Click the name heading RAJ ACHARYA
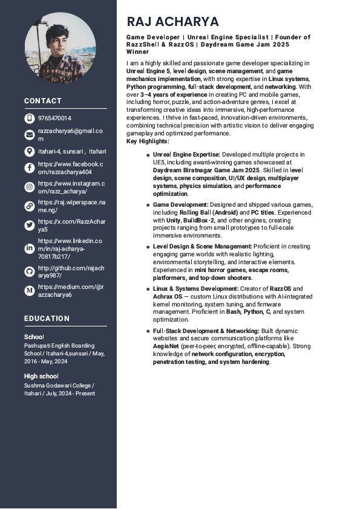[172, 22]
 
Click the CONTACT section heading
[43, 101]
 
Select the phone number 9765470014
[54, 118]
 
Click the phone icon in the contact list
[30, 118]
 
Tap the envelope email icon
[30, 135]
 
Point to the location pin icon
[30, 152]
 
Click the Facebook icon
[30, 168]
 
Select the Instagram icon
[30, 187]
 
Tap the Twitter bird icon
[30, 225]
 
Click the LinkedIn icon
[30, 248]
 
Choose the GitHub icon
[30, 271]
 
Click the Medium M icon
[30, 291]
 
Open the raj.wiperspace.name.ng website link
[63, 206]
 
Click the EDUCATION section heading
[47, 319]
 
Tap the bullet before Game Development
[148, 206]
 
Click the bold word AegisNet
[165, 346]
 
